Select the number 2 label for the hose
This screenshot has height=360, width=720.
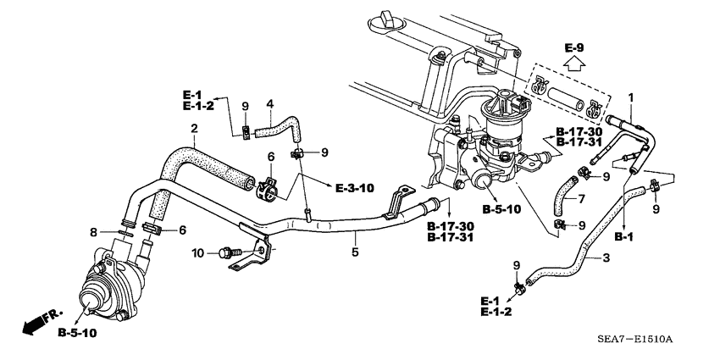tap(195, 129)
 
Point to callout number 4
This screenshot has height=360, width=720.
tap(269, 105)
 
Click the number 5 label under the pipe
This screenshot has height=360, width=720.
tap(356, 252)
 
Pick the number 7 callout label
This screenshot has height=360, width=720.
tap(605, 200)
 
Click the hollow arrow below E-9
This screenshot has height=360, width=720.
tap(576, 63)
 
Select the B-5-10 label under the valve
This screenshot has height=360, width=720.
tap(77, 334)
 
